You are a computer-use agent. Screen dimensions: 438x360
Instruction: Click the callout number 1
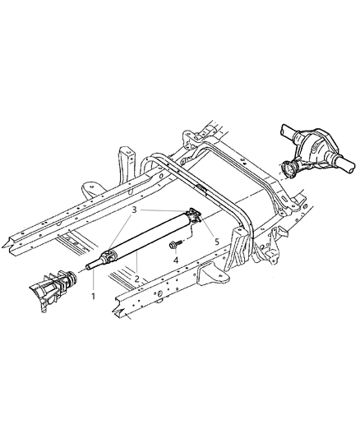tap(93, 295)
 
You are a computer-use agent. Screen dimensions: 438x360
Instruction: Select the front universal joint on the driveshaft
tap(108, 258)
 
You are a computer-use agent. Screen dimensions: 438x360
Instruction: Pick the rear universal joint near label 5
tap(193, 216)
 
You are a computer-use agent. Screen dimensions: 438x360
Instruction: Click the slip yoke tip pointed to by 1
tap(89, 268)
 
